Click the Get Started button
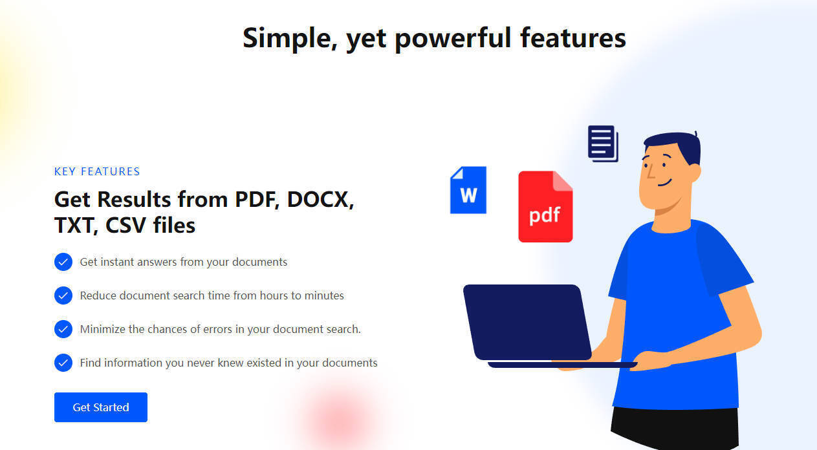click(101, 407)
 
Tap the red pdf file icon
click(545, 206)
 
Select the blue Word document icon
click(468, 190)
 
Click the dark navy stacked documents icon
click(603, 144)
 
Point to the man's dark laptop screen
click(527, 322)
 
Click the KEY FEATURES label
click(97, 171)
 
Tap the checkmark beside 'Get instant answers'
click(63, 262)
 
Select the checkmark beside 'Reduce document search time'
click(63, 295)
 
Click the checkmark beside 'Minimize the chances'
click(63, 329)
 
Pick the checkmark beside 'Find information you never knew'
click(63, 363)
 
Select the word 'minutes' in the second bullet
click(324, 295)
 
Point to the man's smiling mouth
click(665, 182)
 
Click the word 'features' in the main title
click(573, 38)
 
